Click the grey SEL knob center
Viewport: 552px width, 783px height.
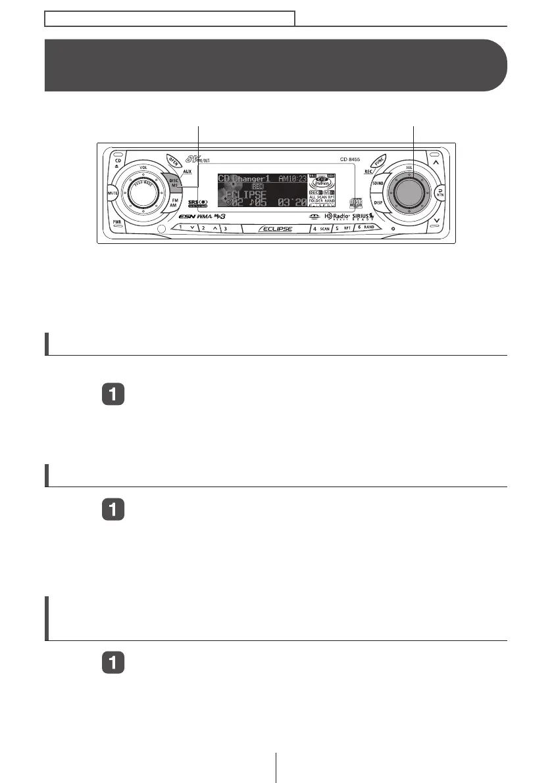[x=409, y=193]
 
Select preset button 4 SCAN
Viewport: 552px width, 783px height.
[x=321, y=228]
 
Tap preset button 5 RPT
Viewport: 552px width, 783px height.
[x=343, y=228]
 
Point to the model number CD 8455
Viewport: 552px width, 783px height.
[x=353, y=159]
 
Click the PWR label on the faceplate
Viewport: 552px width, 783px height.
[x=116, y=222]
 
